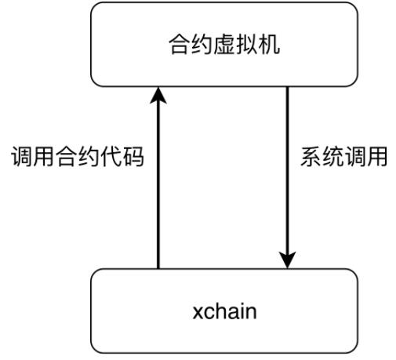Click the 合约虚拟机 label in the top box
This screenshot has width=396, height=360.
[x=224, y=45]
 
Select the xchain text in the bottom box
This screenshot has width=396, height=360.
[x=224, y=311]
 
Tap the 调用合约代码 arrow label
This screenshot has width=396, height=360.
[x=78, y=156]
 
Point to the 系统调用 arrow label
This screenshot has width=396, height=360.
[x=343, y=156]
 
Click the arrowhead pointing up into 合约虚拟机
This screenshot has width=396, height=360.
[x=158, y=96]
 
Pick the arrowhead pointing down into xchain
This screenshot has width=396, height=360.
[x=287, y=260]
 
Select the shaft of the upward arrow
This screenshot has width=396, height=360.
[x=158, y=186]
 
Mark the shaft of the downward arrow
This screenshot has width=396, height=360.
[x=287, y=169]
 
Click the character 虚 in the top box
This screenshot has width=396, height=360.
[x=224, y=45]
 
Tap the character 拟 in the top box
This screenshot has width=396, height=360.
[x=246, y=45]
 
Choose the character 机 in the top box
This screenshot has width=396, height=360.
[x=269, y=45]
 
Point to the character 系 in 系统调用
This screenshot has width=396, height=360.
[x=311, y=156]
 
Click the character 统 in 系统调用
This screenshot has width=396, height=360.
[x=333, y=156]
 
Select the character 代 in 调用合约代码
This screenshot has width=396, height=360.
[x=111, y=156]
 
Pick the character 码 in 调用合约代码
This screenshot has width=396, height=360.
[x=133, y=156]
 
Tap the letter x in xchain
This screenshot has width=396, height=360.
[x=198, y=313]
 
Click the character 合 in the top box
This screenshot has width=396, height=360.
[x=180, y=45]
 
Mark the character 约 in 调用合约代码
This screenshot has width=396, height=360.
[x=89, y=156]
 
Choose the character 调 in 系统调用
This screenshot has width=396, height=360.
[x=354, y=156]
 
